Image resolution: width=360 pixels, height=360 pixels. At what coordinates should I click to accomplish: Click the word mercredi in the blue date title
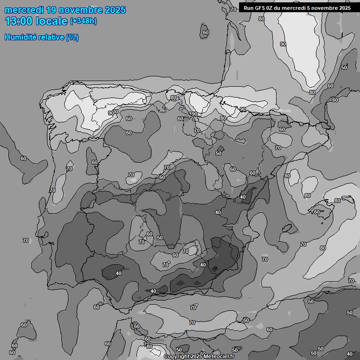pos(23,10)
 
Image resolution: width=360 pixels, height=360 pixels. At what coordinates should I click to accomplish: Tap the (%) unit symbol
pos(72,37)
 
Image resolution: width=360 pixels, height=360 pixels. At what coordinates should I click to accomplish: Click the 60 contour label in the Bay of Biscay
pos(205,33)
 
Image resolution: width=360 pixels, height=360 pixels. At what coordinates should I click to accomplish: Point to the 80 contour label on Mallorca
pos(337,201)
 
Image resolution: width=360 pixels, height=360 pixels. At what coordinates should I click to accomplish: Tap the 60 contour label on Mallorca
pos(317,212)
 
